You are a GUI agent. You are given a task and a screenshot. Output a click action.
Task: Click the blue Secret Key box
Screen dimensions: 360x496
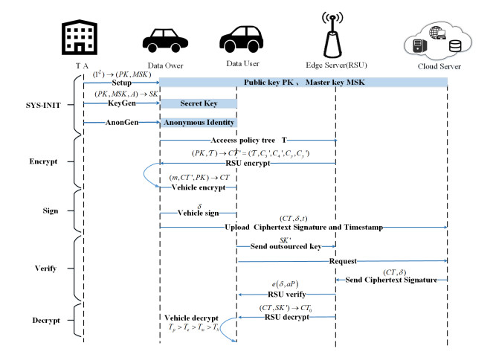(197, 103)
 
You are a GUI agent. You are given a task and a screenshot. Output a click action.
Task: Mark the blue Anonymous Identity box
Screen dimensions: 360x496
(197, 123)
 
